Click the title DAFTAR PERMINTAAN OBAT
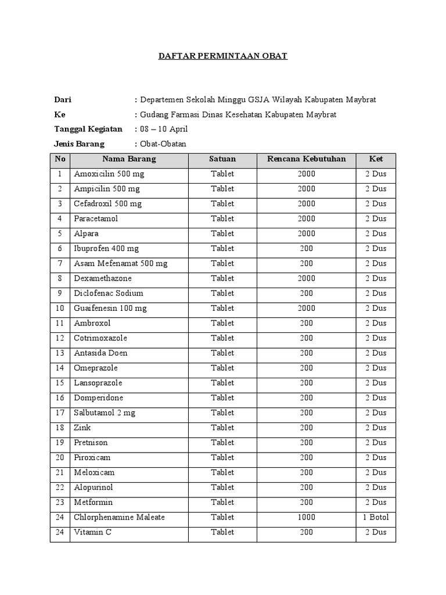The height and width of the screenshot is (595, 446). pos(223,56)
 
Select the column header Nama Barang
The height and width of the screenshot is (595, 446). pos(129,159)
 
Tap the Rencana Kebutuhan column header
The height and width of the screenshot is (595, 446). pos(306,159)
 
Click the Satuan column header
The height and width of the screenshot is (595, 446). pos(222,159)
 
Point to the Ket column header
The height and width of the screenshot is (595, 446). pos(376,159)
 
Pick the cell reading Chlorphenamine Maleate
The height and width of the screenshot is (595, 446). pos(119,517)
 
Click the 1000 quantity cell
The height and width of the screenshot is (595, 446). pos(306,517)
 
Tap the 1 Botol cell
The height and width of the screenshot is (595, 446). pos(376,517)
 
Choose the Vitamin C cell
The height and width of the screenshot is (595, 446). pos(92,532)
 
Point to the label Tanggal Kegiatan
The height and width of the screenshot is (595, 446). pos(88,129)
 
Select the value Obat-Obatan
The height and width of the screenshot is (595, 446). pos(163,144)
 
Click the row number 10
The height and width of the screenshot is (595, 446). pos(60,308)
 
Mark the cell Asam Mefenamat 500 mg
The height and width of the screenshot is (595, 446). pos(120,263)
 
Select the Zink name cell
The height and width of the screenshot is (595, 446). pos(82,428)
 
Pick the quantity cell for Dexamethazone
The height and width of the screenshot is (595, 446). pos(306,278)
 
